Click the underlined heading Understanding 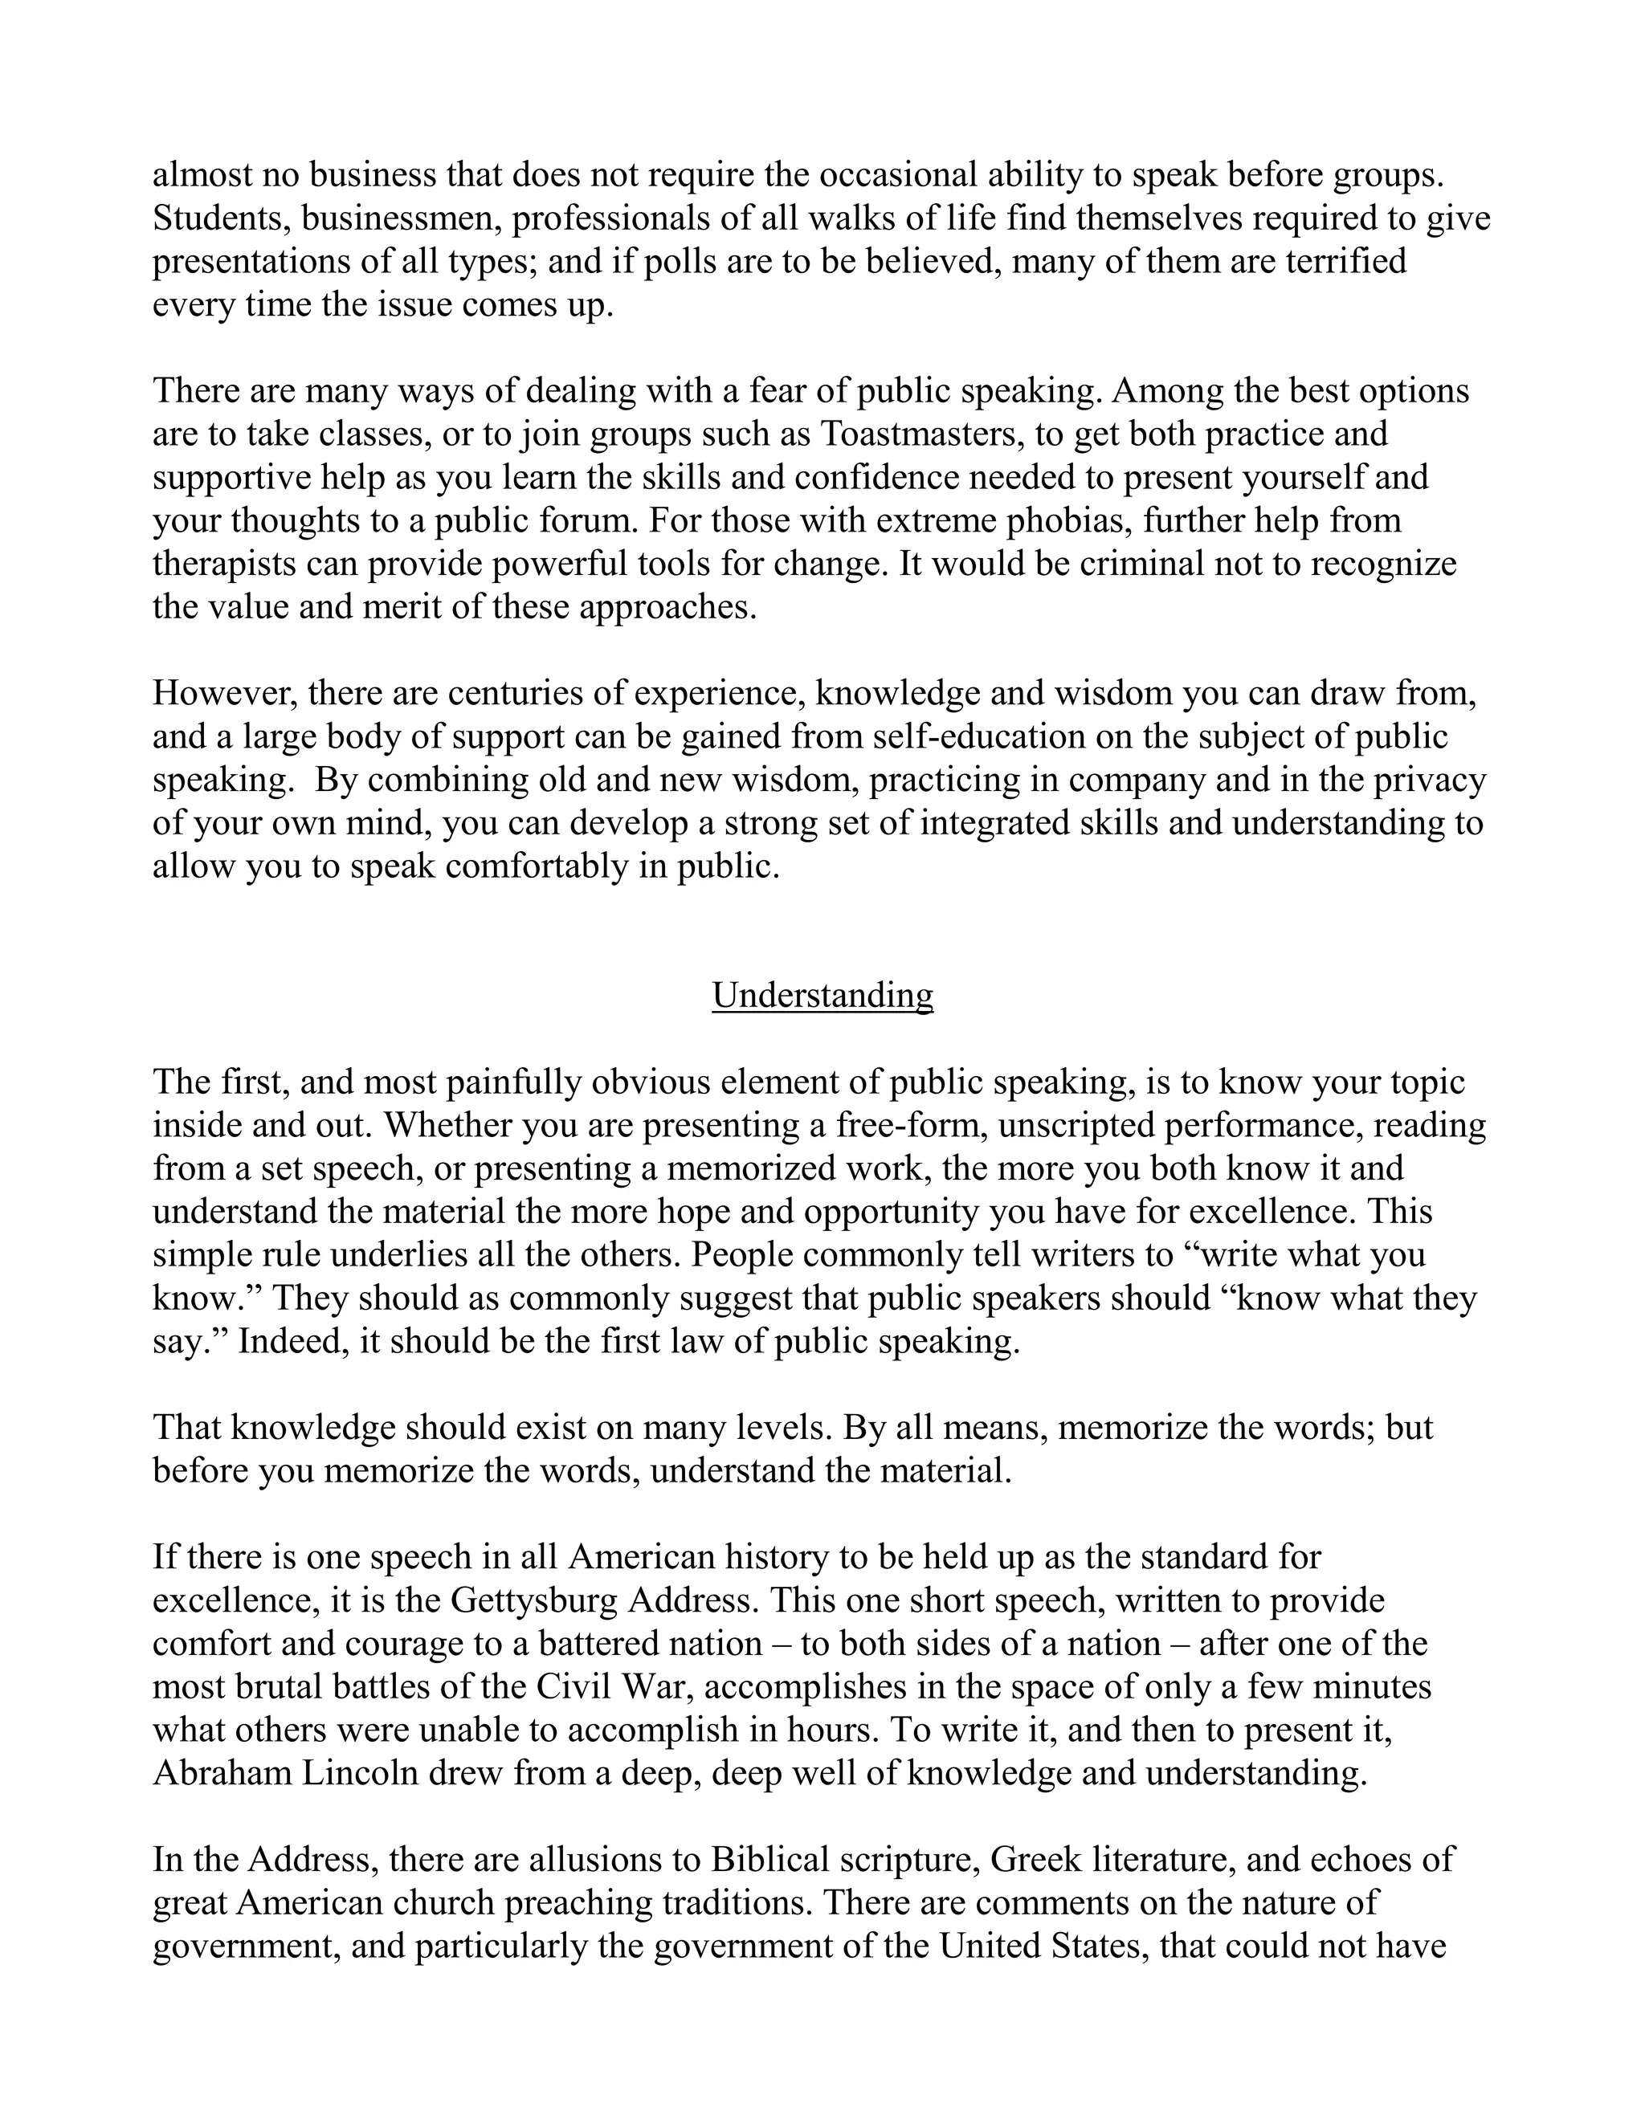click(x=822, y=995)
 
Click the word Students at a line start click(x=220, y=218)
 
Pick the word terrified click(x=1346, y=261)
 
